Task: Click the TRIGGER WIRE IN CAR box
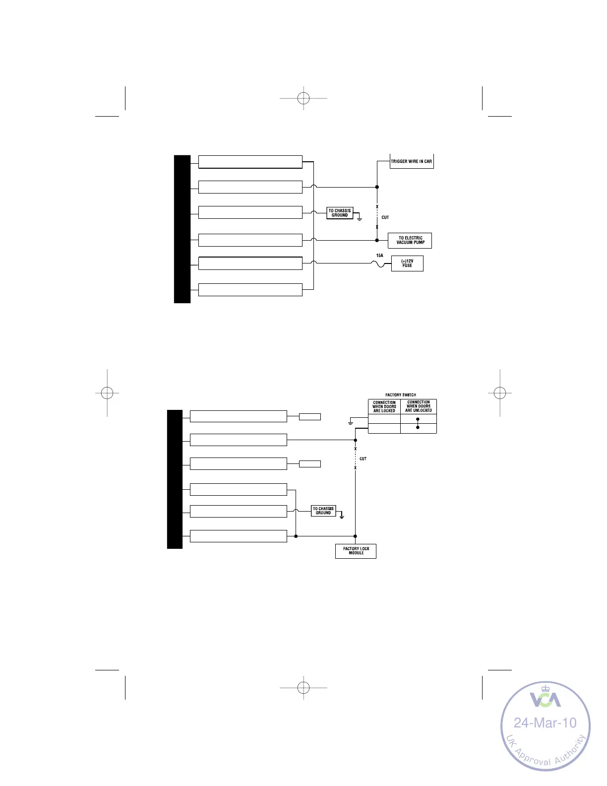coord(412,162)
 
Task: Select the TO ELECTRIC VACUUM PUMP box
coord(410,241)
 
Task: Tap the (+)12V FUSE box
coord(407,263)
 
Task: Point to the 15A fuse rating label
coord(379,256)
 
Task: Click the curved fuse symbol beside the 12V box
coord(380,264)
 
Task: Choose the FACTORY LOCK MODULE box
coord(356,551)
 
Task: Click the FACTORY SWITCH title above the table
coord(401,395)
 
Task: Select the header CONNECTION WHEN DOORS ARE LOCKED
coord(384,406)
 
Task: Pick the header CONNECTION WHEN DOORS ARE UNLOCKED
coord(419,406)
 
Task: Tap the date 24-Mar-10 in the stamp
coord(545,722)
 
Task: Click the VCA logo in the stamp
coord(546,699)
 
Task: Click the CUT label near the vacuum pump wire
coord(385,217)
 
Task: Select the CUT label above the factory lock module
coord(363,459)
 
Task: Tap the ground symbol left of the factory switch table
coord(351,422)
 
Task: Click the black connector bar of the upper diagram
coord(182,229)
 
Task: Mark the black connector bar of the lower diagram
coord(175,479)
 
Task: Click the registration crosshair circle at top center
coord(303,98)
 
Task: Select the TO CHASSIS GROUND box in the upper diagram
coord(340,213)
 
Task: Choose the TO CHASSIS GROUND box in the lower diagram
coord(323,511)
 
